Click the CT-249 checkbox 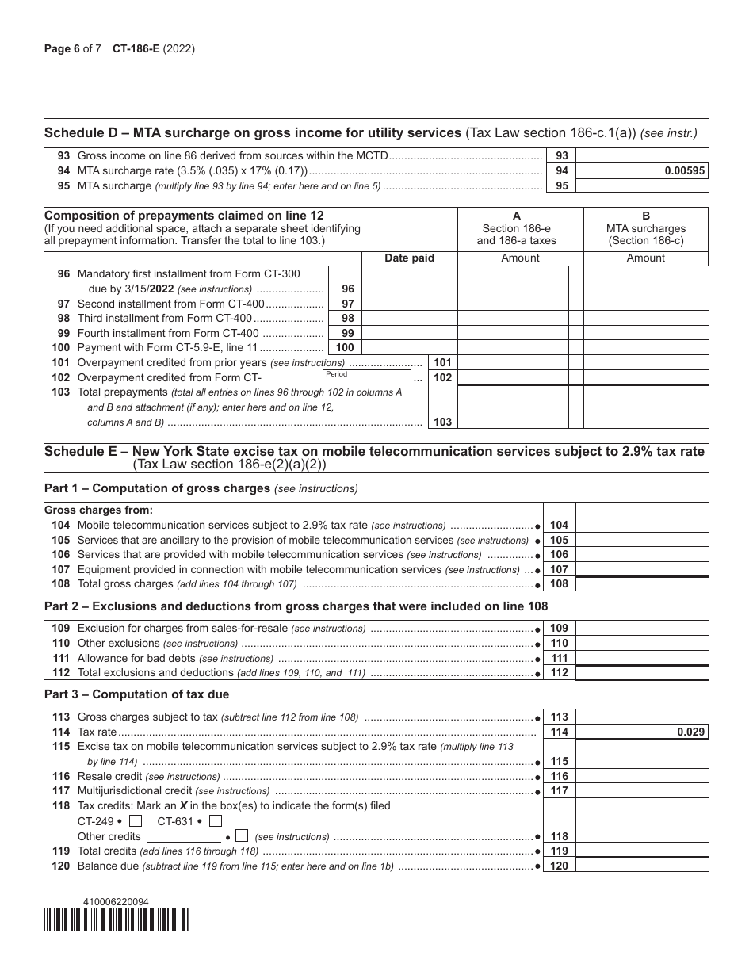click(136, 821)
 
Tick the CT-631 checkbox click(216, 821)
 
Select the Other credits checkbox click(243, 835)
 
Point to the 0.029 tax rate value click(690, 732)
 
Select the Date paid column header click(409, 258)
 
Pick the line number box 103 click(442, 422)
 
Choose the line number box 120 click(559, 866)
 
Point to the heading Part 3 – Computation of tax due click(137, 694)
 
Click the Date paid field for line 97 click(409, 304)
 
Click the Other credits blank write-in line click(184, 836)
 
